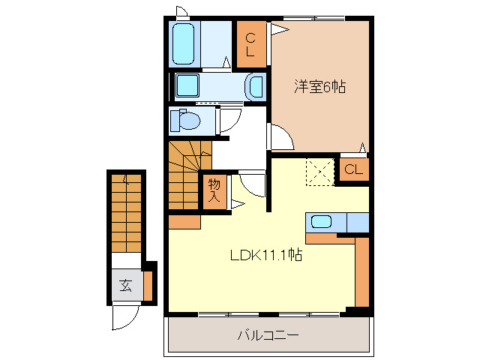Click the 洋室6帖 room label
(319, 86)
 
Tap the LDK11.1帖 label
(265, 255)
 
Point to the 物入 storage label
(214, 190)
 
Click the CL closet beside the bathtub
(251, 45)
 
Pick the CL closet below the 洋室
(353, 169)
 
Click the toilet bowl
(184, 120)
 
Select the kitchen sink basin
(322, 221)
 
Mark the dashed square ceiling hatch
(319, 172)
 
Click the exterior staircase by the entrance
(125, 214)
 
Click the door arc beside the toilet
(229, 120)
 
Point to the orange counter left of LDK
(184, 222)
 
